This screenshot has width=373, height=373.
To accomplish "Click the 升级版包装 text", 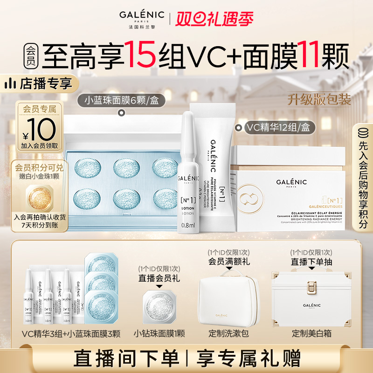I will (319, 99).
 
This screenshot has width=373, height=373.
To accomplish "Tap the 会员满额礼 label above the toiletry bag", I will (228, 262).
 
